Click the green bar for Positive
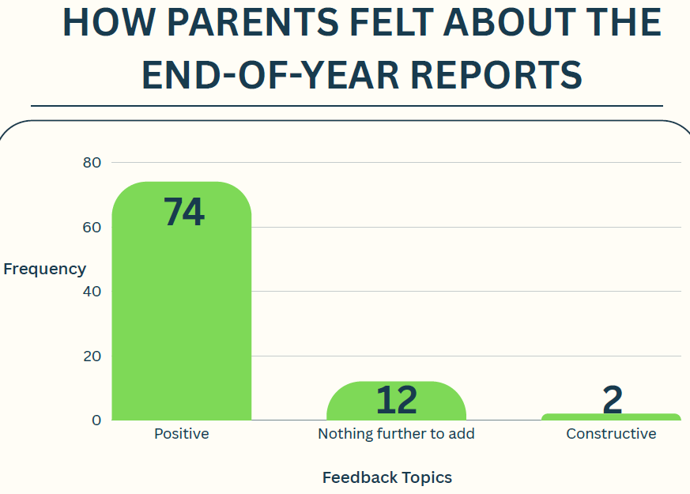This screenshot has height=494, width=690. pyautogui.click(x=181, y=301)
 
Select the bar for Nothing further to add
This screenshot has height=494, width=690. pyautogui.click(x=396, y=401)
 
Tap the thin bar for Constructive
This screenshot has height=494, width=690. pyautogui.click(x=611, y=417)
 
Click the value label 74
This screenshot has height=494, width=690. pyautogui.click(x=184, y=212)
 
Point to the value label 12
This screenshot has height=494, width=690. pyautogui.click(x=397, y=400)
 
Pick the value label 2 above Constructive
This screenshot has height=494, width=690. pyautogui.click(x=613, y=399)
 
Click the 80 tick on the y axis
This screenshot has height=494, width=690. pyautogui.click(x=92, y=163)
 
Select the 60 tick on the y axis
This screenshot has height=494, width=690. pyautogui.click(x=92, y=228)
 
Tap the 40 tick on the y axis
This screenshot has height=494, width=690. pyautogui.click(x=92, y=291)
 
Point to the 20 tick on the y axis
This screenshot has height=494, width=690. pyautogui.click(x=92, y=356)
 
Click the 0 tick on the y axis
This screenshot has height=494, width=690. pyautogui.click(x=96, y=420)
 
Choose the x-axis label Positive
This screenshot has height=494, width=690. pyautogui.click(x=181, y=434)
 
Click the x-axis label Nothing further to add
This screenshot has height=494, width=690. pyautogui.click(x=396, y=434)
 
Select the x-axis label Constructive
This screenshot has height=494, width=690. pyautogui.click(x=611, y=434)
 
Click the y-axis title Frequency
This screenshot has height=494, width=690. pyautogui.click(x=44, y=270)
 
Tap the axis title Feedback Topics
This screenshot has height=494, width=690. pyautogui.click(x=387, y=477)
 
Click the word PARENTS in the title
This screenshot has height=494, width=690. pyautogui.click(x=253, y=22)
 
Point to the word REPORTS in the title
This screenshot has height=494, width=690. pyautogui.click(x=496, y=75)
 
